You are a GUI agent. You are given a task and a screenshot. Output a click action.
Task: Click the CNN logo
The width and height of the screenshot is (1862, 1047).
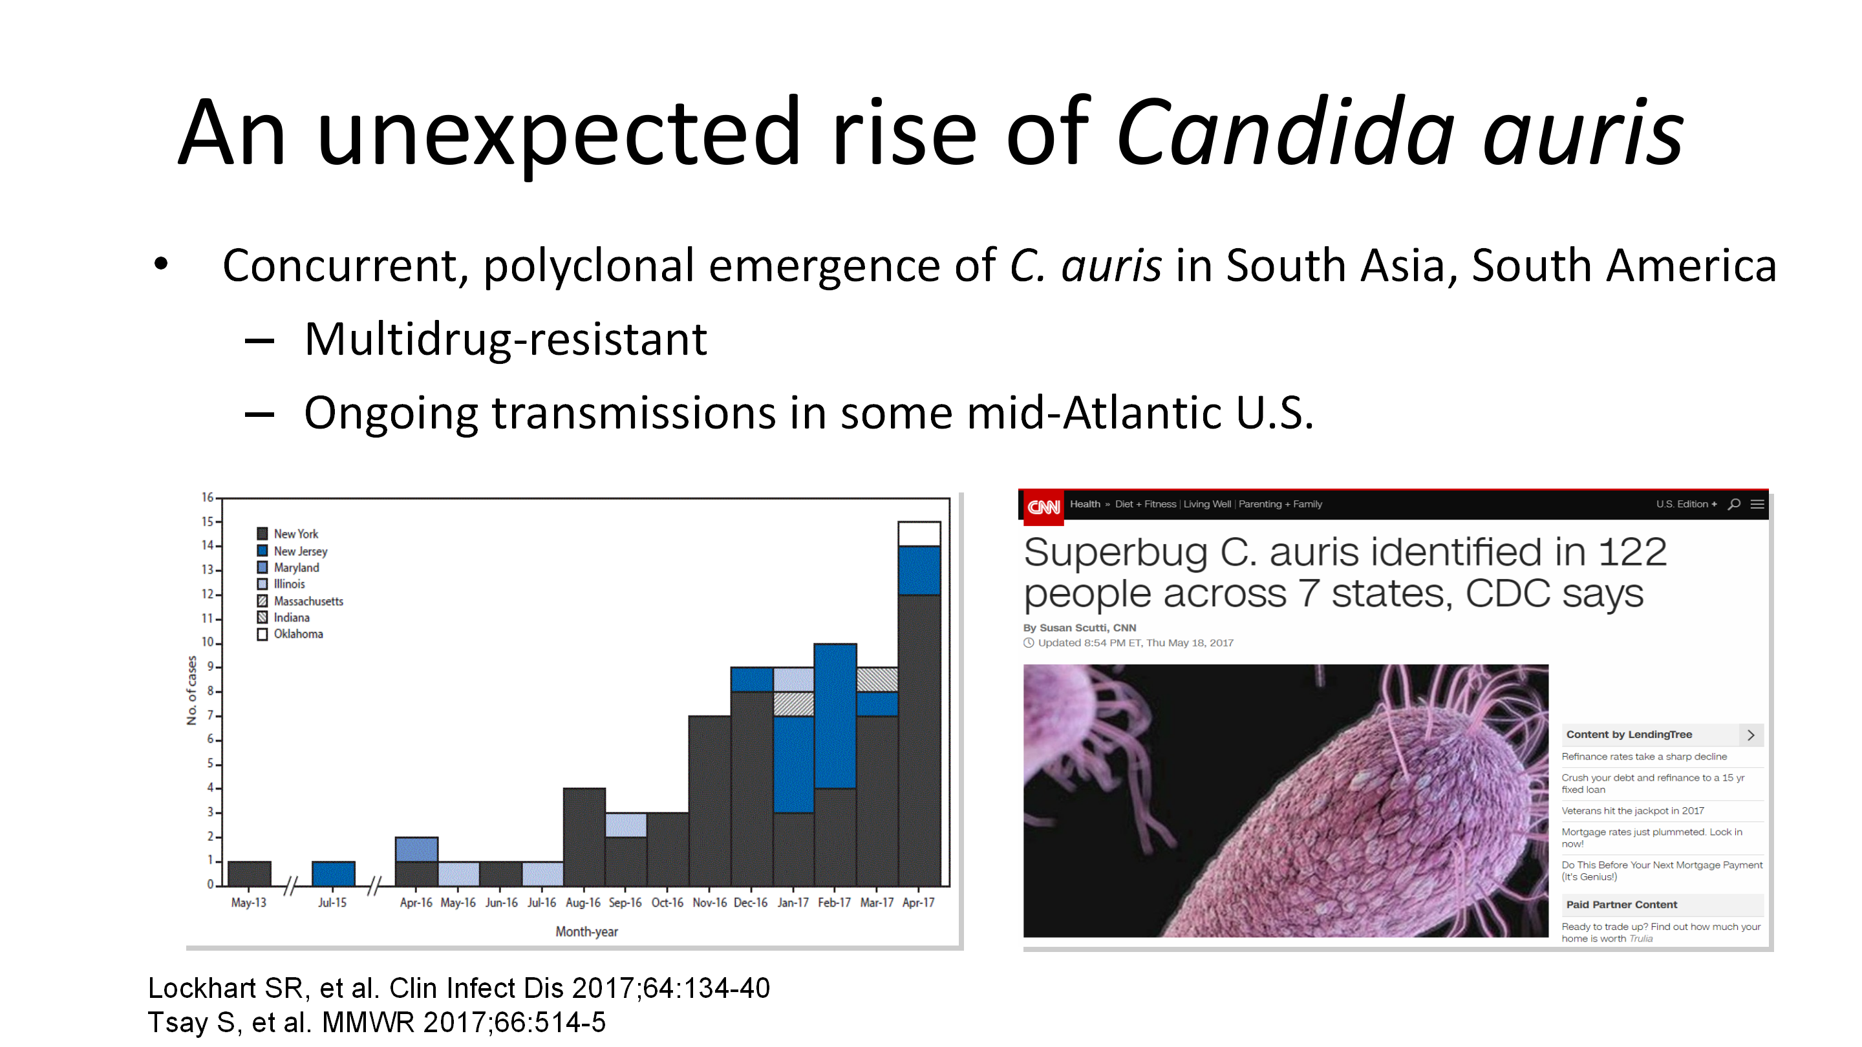click(x=1043, y=506)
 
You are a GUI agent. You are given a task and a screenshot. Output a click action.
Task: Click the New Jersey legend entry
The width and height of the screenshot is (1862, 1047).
click(x=293, y=551)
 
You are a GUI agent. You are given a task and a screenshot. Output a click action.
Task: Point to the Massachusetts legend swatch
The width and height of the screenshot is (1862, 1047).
click(x=262, y=601)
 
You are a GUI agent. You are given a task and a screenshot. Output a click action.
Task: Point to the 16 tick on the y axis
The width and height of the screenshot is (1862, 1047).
click(x=208, y=498)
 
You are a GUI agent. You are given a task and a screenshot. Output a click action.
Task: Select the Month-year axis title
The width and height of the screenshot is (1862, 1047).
click(x=586, y=932)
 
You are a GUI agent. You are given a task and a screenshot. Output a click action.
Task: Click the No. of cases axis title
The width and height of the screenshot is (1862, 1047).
click(x=191, y=690)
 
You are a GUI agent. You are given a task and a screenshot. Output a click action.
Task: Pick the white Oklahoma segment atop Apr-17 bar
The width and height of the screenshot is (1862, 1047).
click(x=919, y=534)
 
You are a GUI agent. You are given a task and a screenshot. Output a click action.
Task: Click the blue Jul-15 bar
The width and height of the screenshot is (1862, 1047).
click(x=333, y=874)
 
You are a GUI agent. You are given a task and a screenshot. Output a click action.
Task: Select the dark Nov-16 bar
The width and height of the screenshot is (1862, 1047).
click(x=709, y=801)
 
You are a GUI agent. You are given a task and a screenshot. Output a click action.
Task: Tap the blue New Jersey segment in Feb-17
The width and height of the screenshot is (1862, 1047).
click(x=835, y=716)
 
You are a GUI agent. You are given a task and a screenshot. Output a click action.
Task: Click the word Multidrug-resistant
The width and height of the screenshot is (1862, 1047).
click(x=505, y=339)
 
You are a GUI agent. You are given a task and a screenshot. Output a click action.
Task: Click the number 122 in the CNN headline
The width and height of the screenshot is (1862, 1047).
click(x=1631, y=553)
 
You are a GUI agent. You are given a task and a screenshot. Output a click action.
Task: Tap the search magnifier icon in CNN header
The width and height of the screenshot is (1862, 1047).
click(x=1733, y=504)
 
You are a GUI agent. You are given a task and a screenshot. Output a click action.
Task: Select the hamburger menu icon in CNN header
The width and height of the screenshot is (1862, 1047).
click(x=1757, y=504)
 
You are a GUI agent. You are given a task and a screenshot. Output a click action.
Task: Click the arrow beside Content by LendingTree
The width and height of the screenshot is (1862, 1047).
click(x=1751, y=735)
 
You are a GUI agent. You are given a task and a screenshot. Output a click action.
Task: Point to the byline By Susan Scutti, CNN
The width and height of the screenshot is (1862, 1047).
click(x=1079, y=628)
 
